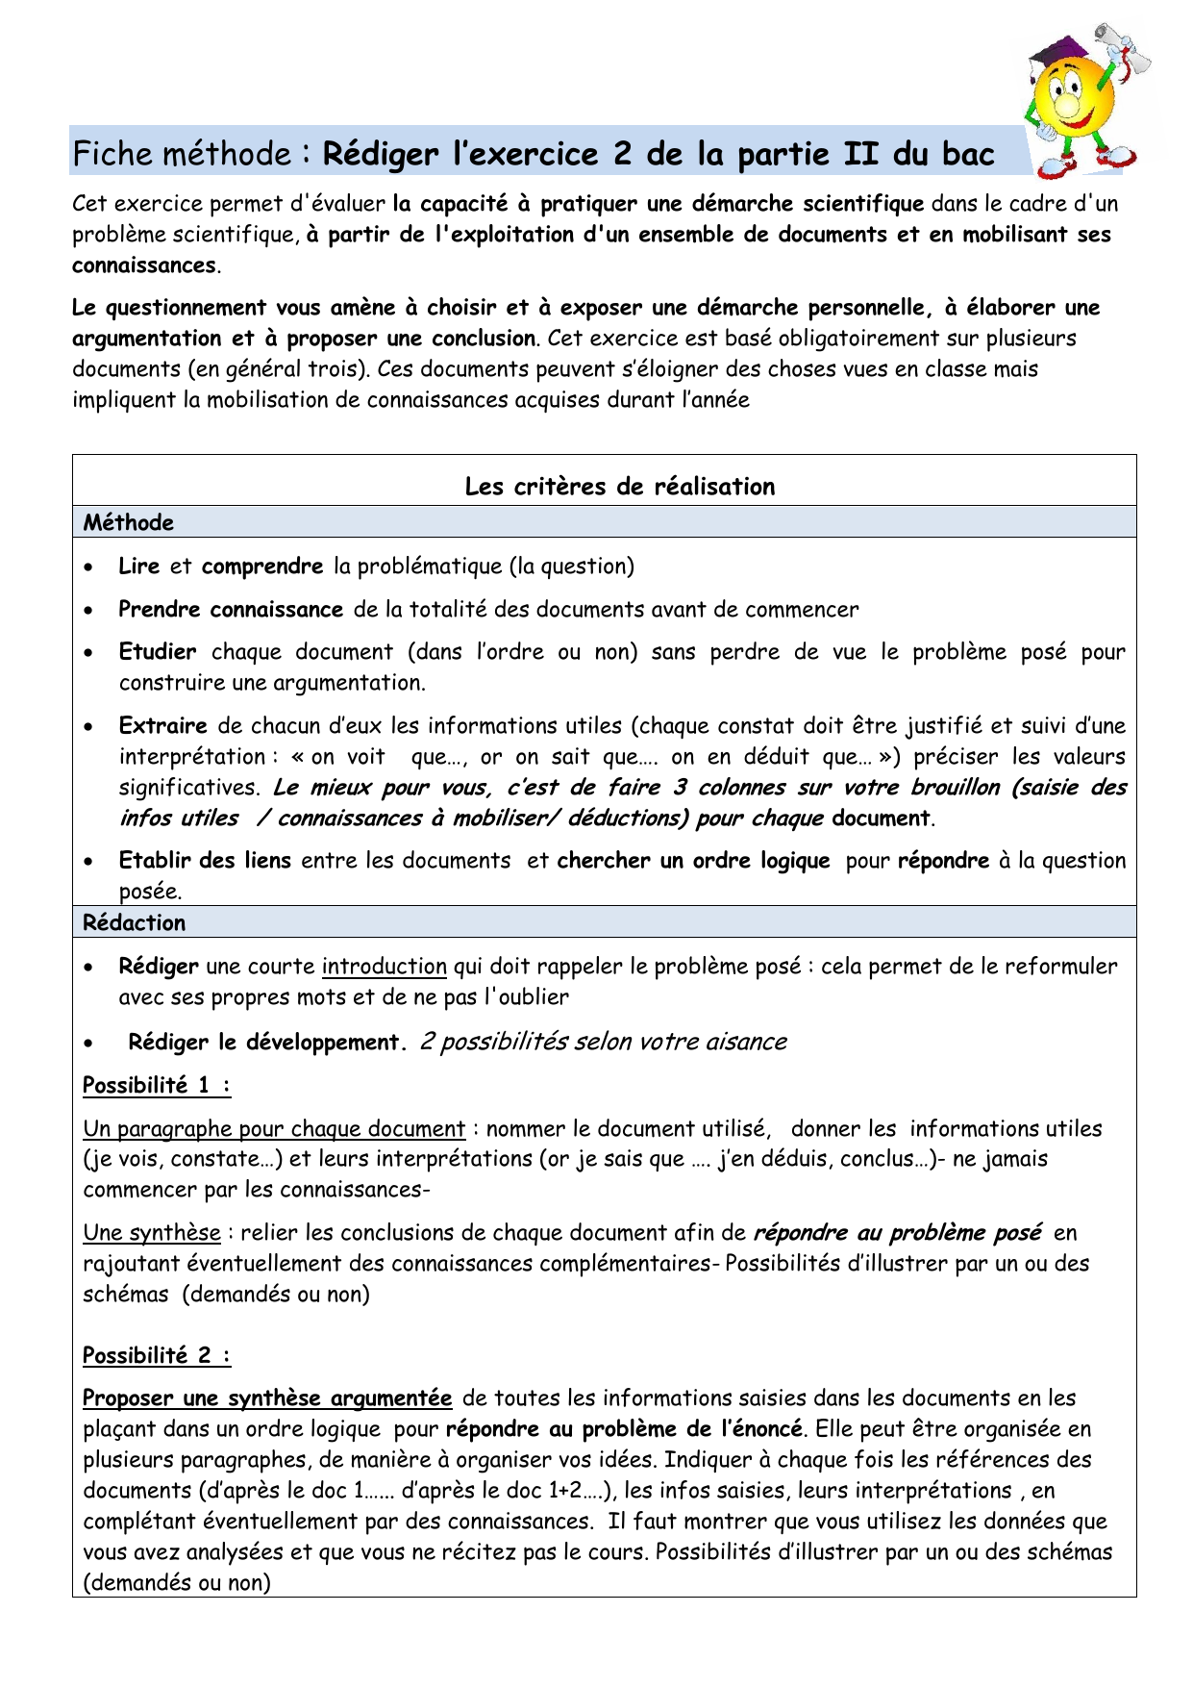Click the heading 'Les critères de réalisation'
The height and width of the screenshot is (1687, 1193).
(619, 487)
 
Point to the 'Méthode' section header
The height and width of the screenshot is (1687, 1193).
(129, 523)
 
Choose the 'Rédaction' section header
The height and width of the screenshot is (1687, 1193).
(135, 923)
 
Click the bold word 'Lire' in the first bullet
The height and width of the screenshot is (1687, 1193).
(138, 567)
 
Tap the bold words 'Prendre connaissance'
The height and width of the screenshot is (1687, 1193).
(231, 610)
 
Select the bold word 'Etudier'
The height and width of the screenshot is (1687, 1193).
(158, 652)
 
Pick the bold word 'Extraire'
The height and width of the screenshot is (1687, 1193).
(163, 726)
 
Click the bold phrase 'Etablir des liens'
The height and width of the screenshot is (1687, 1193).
(205, 861)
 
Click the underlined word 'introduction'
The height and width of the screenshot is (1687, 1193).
(385, 967)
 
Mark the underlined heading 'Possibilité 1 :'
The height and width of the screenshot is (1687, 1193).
(157, 1086)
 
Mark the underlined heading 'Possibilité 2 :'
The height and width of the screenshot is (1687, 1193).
(157, 1356)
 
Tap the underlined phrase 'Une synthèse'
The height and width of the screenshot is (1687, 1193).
(152, 1233)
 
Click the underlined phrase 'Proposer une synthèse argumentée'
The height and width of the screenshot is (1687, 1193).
(267, 1398)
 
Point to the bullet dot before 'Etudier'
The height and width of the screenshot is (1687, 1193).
(88, 653)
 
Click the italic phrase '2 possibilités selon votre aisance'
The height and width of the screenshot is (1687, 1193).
(604, 1043)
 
